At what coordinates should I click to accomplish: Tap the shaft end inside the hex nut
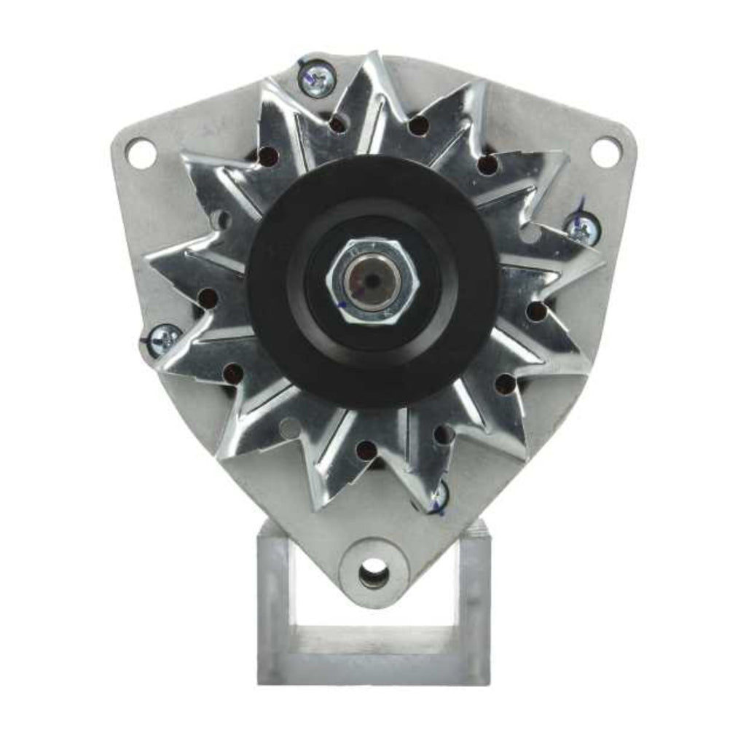click(x=372, y=280)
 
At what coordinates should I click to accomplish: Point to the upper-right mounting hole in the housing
click(x=605, y=152)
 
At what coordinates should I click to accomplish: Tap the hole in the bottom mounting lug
click(x=374, y=573)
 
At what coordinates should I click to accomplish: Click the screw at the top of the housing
click(x=318, y=78)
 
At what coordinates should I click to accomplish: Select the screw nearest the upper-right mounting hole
click(x=581, y=229)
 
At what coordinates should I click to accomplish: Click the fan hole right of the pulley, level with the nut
click(x=536, y=312)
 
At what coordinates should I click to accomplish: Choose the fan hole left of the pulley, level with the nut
click(x=208, y=298)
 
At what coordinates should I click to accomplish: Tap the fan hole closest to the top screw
click(x=337, y=124)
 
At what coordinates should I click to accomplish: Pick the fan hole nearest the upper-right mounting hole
click(x=487, y=165)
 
